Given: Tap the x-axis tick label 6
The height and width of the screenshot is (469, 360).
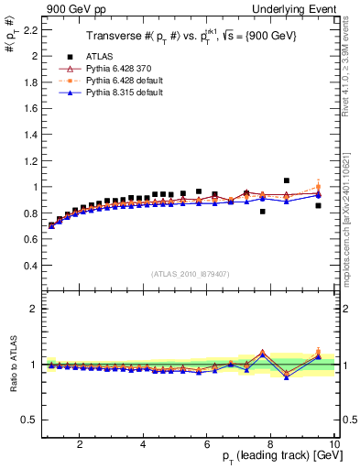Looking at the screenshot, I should pos(207,443).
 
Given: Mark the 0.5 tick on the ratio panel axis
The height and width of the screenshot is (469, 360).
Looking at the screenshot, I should pos(31,420).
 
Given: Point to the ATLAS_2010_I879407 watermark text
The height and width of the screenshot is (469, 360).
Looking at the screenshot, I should pos(189,272).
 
